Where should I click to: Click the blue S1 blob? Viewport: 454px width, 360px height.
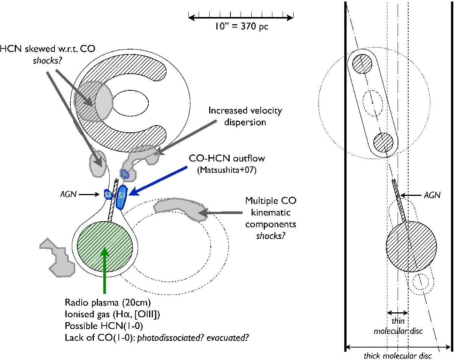tap(121, 197)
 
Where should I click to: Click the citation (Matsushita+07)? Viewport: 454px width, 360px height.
tap(227, 171)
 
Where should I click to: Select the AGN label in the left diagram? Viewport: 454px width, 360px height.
tap(69, 194)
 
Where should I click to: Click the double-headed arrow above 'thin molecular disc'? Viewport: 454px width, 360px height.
tap(398, 313)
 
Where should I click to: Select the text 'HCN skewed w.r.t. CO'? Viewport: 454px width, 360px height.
tap(32, 49)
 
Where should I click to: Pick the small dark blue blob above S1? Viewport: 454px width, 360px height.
tap(124, 174)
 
